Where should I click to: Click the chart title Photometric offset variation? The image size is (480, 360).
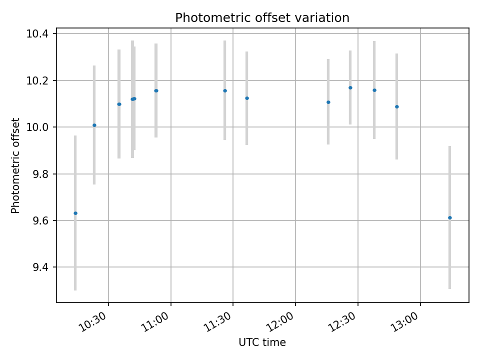click(262, 18)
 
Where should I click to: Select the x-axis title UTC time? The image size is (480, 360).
click(262, 342)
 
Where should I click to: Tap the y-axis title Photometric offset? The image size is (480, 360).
click(15, 165)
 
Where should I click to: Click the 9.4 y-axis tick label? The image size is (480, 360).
click(41, 267)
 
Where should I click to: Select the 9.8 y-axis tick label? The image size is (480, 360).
click(41, 174)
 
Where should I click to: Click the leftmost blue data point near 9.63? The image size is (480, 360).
click(75, 213)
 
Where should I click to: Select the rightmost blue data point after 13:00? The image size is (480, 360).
click(450, 217)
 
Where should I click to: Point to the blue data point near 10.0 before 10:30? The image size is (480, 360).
click(94, 125)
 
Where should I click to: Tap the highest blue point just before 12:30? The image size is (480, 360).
click(350, 87)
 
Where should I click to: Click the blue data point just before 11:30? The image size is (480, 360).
click(225, 90)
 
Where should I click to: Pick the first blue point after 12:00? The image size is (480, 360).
click(328, 102)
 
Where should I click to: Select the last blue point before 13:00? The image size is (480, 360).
click(397, 106)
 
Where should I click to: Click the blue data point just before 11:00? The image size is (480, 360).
click(156, 90)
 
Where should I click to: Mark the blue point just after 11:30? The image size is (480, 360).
click(247, 98)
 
